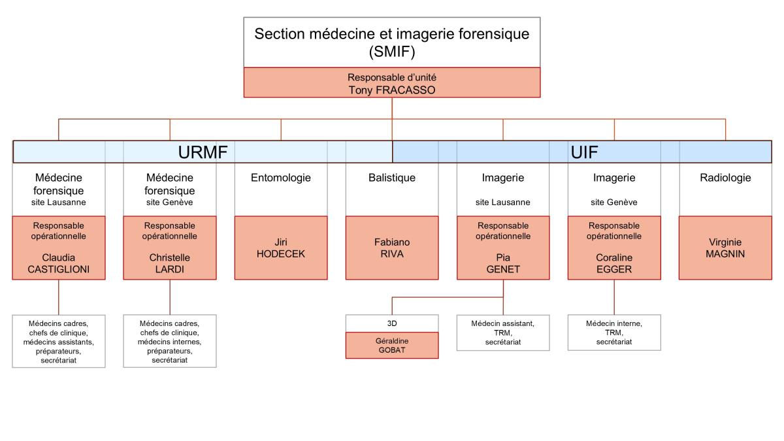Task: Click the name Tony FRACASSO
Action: pos(391,90)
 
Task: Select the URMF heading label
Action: pos(203,152)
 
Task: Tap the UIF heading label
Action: pos(584,152)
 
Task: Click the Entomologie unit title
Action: pos(281,178)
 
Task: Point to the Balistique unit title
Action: pos(391,178)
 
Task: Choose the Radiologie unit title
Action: pos(725,178)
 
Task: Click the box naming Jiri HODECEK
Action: pos(281,248)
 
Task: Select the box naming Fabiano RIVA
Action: pos(392,248)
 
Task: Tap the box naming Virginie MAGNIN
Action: pos(725,248)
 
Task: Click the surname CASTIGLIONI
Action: pos(58,269)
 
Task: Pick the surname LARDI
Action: pos(170,269)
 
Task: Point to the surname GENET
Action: pos(503,269)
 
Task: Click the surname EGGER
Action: pos(614,269)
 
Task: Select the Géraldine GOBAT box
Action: pos(392,346)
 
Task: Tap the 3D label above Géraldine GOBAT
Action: pos(392,323)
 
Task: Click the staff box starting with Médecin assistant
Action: pos(503,333)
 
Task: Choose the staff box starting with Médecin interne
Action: pos(614,333)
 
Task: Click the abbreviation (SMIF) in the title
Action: pos(392,52)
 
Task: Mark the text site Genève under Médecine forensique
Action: pos(169,203)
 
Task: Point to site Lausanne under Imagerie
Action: pos(502,203)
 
